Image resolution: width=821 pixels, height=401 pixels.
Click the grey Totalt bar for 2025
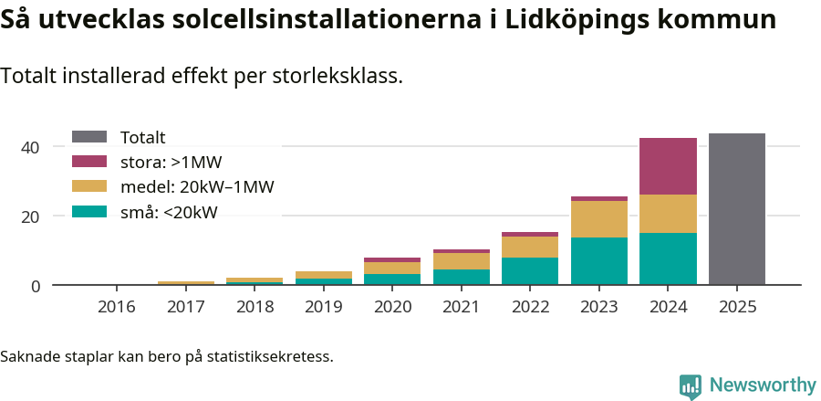[x=736, y=209]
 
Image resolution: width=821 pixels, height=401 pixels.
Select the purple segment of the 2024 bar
[x=668, y=166]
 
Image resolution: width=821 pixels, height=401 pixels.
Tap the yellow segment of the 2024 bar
[x=668, y=214]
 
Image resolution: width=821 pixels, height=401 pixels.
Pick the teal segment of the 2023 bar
[x=599, y=261]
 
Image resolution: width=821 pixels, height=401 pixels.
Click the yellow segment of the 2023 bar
[x=599, y=219]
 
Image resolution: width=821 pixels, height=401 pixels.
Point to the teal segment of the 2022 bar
[x=530, y=271]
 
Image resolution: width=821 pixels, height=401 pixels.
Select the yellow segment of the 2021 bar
[x=461, y=261]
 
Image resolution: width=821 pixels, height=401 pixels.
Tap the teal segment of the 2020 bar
[x=392, y=280]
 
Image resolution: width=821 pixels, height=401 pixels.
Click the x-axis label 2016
[x=116, y=307]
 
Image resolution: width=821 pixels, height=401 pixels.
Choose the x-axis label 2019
[x=323, y=307]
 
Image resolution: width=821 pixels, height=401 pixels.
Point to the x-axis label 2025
[x=736, y=307]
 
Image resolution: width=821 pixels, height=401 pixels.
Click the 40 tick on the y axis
[x=30, y=147]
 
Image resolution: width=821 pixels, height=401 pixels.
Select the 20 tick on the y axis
[x=30, y=216]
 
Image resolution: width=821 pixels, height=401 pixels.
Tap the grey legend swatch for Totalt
[x=89, y=137]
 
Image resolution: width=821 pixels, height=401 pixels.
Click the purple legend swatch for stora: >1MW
[x=89, y=162]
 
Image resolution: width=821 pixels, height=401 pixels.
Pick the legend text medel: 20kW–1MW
[x=197, y=187]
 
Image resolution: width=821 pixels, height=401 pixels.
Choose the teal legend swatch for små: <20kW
[x=89, y=212]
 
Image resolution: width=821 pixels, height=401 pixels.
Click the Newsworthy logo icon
[x=691, y=385]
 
